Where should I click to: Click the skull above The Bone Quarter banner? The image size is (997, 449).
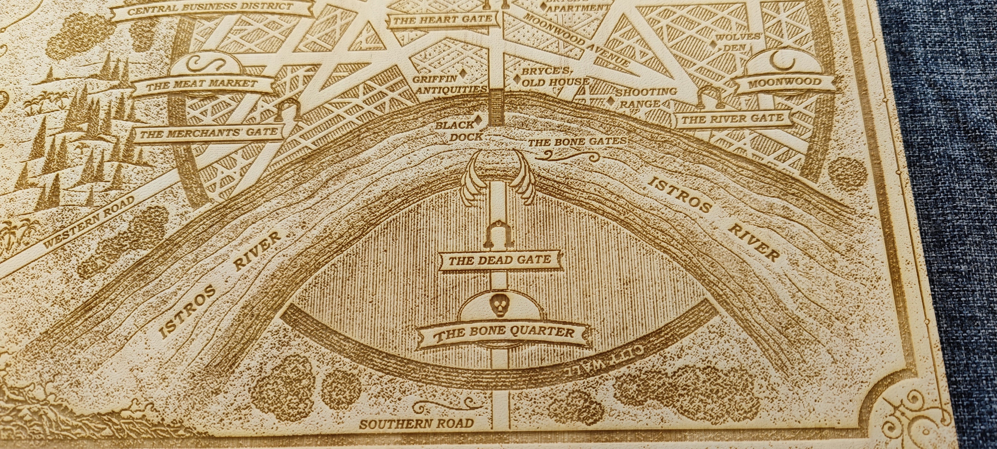(x=498, y=306)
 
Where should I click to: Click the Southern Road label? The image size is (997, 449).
(x=416, y=423)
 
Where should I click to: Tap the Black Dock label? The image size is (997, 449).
(x=459, y=131)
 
